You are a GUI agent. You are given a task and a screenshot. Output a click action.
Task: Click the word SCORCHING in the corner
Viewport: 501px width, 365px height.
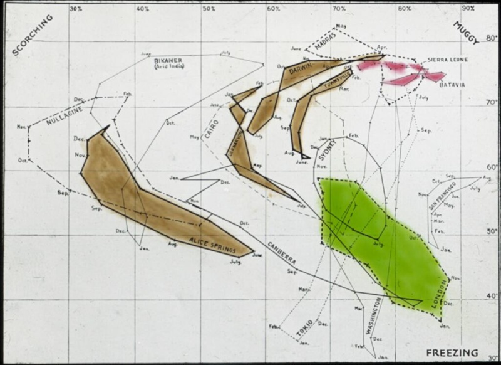(29, 38)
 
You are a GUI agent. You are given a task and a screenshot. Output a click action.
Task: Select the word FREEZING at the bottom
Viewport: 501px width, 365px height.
(452, 352)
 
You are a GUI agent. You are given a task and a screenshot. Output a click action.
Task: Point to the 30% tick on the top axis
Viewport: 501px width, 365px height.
(76, 9)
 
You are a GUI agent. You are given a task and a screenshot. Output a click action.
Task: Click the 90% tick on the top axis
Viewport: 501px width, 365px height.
(467, 9)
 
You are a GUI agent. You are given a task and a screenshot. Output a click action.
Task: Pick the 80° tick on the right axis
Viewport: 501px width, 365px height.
(491, 38)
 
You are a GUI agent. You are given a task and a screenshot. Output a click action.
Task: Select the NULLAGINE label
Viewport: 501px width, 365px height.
(65, 113)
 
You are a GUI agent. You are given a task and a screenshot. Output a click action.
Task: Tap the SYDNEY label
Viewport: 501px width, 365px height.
(331, 150)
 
